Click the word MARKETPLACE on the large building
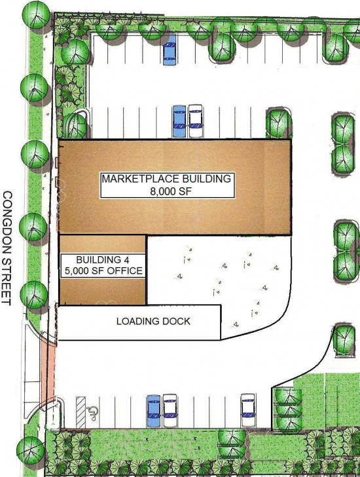[139, 179]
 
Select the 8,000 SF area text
[168, 191]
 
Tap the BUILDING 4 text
[103, 259]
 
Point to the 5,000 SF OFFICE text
[103, 271]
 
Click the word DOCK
[176, 321]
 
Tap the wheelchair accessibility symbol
[92, 413]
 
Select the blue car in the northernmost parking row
[170, 50]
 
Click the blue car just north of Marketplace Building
[179, 121]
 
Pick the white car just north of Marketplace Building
[195, 121]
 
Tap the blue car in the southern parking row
[153, 411]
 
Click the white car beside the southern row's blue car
[170, 411]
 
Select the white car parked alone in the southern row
[248, 410]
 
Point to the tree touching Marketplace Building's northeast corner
[279, 123]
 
